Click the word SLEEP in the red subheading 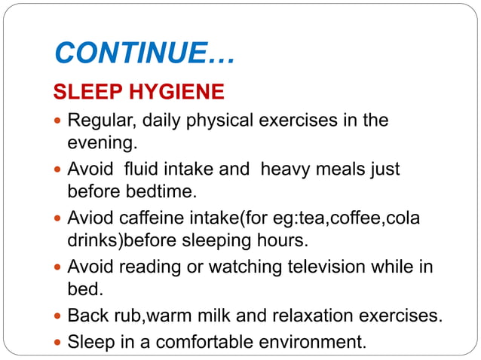pyautogui.click(x=83, y=92)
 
